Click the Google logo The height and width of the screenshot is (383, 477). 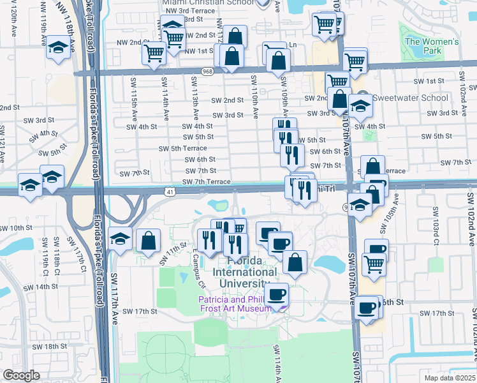point(21,375)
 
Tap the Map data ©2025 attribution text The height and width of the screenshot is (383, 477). point(449,378)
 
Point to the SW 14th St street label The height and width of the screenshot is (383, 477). point(47,287)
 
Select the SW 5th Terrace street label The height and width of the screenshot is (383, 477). point(183,148)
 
